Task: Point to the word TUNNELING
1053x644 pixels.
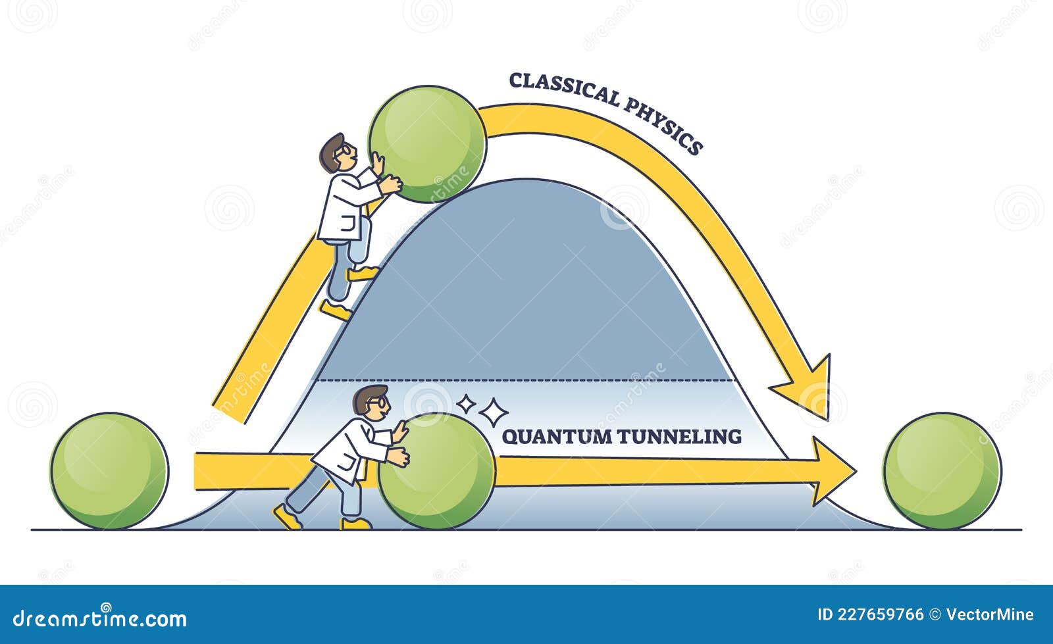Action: (x=680, y=436)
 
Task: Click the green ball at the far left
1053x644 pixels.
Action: (x=109, y=470)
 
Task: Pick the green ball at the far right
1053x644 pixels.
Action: (x=942, y=470)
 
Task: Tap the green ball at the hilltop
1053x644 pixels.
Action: (x=427, y=143)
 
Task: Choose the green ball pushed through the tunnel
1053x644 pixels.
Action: (x=436, y=470)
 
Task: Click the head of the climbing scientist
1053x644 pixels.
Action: (x=337, y=153)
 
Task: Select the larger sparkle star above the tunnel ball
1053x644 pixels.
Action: (x=493, y=412)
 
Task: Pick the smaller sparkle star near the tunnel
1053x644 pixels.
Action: (x=466, y=403)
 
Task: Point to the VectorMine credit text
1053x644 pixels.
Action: (x=989, y=614)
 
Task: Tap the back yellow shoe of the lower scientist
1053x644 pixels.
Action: (x=288, y=517)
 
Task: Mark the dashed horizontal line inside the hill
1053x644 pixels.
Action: (x=526, y=380)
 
